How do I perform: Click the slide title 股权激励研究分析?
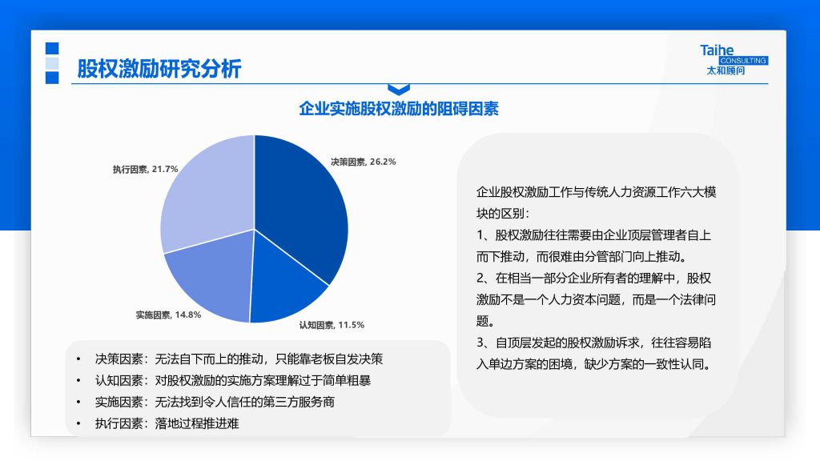pos(159,69)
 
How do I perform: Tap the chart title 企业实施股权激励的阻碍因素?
pos(399,109)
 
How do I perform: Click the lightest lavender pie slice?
pos(207,194)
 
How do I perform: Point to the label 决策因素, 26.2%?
pos(363,162)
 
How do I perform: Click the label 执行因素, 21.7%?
pos(146,170)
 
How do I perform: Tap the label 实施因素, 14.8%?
pos(168,315)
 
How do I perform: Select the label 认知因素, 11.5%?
pos(332,325)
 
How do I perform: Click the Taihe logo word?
pos(717,50)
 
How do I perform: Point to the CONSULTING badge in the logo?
pos(743,61)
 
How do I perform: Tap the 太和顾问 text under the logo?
pos(726,70)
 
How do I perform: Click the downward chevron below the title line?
pos(399,90)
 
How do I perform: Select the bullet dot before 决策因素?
pos(78,359)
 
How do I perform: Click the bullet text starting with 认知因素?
pos(233,380)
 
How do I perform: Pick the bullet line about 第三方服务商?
pos(215,402)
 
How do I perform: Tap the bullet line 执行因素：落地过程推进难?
pos(167,423)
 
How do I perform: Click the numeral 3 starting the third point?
pos(480,343)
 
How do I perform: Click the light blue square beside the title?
pos(52,63)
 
